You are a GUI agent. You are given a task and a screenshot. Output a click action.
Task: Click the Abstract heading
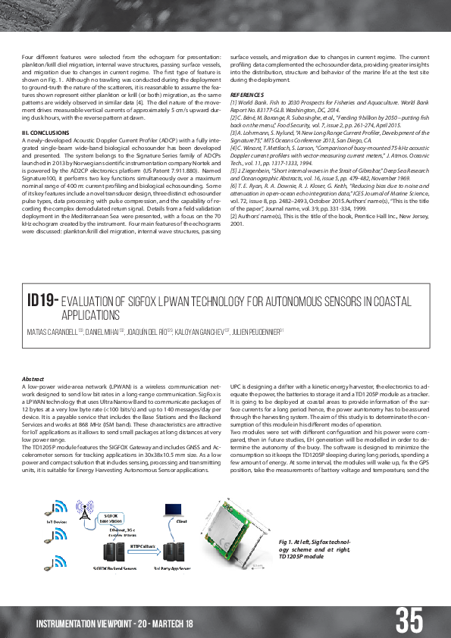pos(33,378)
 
